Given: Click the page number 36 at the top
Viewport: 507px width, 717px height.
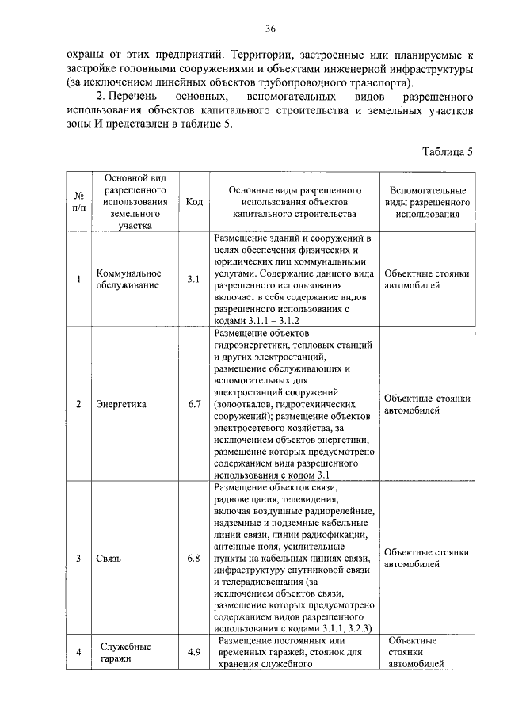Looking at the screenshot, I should coord(269,29).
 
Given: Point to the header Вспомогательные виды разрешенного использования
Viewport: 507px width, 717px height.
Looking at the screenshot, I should coord(428,203).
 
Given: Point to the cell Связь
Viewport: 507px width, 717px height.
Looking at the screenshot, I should coord(109,559).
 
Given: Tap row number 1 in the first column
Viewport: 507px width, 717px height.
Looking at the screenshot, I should coord(78,280).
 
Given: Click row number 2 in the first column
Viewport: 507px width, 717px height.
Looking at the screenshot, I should coord(78,404).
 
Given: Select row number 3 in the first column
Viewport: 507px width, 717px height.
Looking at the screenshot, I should coord(78,559).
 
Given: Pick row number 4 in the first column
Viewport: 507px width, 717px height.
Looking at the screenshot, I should coord(78,652).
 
